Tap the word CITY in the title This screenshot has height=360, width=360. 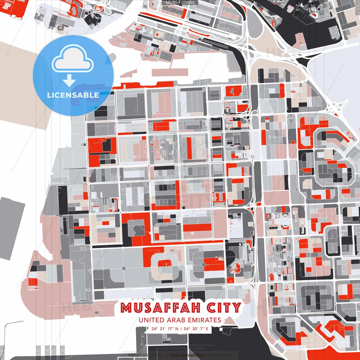point(224,308)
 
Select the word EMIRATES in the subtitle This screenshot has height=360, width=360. point(204,320)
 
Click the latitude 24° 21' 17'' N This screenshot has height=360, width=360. point(165,328)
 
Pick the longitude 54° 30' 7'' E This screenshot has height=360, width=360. point(196,328)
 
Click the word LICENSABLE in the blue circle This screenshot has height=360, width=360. point(73,95)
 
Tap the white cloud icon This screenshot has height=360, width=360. point(73,60)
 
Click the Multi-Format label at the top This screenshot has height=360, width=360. point(180,3)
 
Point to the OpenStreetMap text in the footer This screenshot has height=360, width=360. point(187,355)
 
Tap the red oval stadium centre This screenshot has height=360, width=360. point(165,264)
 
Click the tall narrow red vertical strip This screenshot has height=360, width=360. point(190,147)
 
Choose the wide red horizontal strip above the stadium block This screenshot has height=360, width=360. point(197,228)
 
